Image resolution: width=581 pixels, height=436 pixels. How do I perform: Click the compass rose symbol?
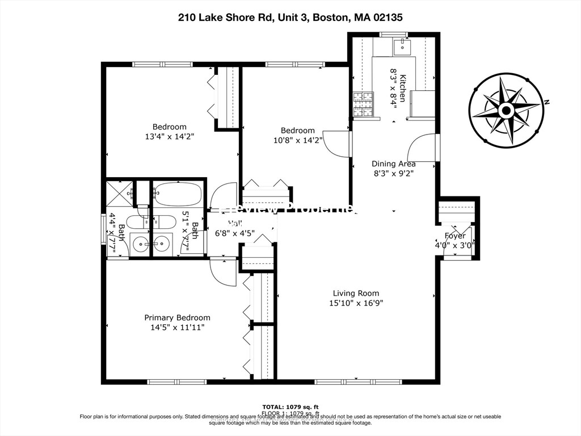[506, 110]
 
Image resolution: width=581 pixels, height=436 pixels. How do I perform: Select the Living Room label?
[356, 293]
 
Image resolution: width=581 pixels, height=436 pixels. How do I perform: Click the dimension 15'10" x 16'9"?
[356, 303]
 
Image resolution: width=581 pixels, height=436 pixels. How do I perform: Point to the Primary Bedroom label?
[177, 317]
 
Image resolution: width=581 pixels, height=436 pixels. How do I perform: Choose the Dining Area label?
[393, 164]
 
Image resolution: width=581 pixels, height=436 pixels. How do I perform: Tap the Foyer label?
[454, 236]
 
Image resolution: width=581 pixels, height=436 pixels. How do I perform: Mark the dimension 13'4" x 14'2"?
[169, 136]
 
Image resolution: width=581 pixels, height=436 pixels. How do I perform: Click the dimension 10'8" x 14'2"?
[297, 140]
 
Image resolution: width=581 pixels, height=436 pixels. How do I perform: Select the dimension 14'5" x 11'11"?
[177, 327]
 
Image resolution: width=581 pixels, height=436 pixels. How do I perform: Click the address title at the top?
[290, 17]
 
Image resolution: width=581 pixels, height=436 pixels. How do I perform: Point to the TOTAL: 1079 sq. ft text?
[290, 406]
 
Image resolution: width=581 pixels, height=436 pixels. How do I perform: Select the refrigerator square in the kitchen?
[421, 104]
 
